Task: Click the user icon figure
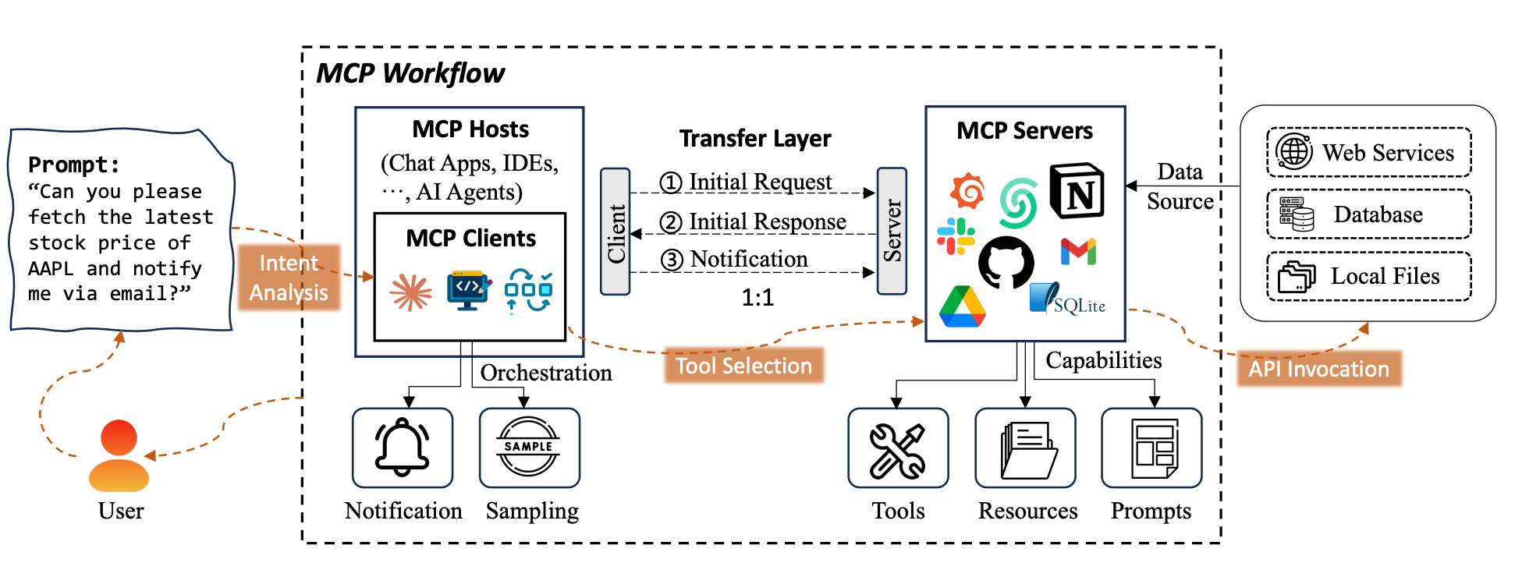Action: (119, 456)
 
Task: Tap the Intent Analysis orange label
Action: (289, 278)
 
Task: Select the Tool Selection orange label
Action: (743, 366)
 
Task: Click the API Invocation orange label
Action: (1318, 369)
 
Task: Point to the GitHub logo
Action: (1006, 263)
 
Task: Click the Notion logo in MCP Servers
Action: (1077, 192)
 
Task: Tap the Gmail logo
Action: (1078, 252)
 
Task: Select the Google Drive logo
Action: (962, 306)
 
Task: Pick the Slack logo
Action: (956, 236)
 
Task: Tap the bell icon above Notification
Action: (403, 448)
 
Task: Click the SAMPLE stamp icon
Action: (528, 447)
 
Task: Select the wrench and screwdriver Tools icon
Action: (898, 451)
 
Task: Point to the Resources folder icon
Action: (1027, 450)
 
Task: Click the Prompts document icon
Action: (1153, 449)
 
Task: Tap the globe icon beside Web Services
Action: (1294, 151)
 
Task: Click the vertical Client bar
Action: (616, 232)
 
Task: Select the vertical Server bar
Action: (892, 231)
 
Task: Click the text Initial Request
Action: (760, 182)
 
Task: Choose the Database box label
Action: (1378, 214)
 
